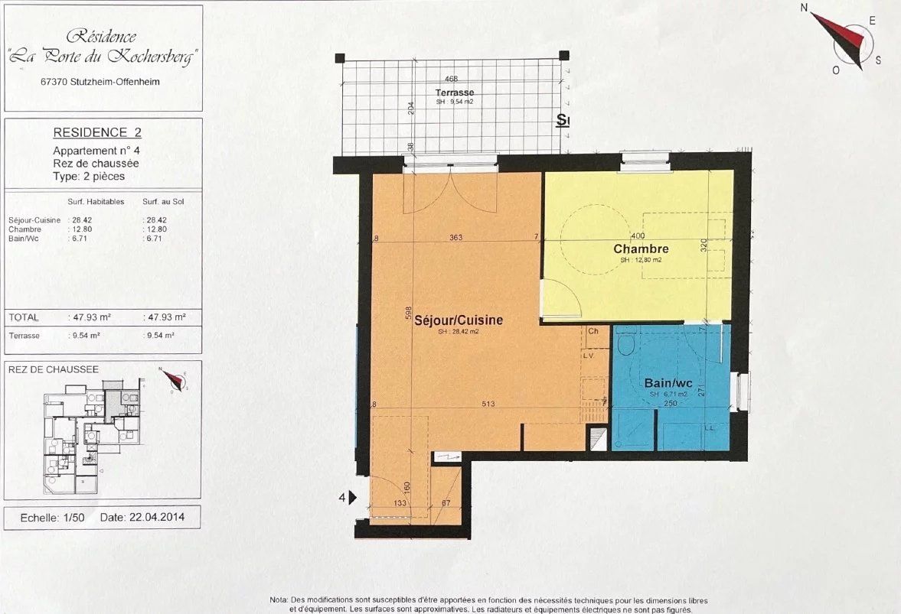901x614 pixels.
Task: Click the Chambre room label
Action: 641,249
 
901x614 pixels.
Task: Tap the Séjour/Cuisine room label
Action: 459,320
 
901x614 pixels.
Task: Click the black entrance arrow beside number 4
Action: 353,498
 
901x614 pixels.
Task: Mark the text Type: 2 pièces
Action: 89,176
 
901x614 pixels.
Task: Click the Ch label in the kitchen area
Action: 593,331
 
